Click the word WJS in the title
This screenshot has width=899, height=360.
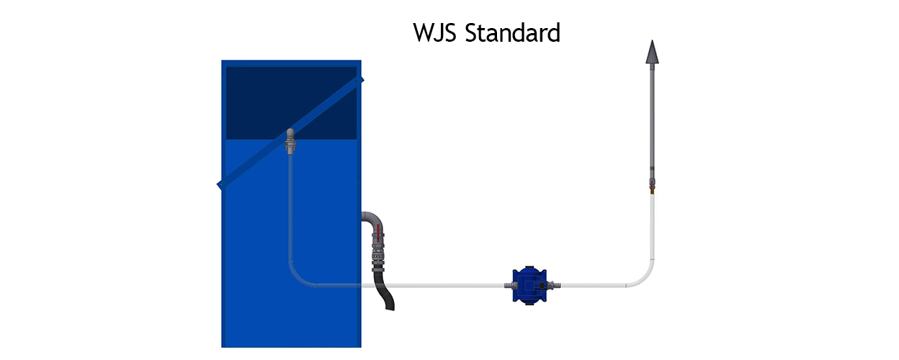[x=434, y=32]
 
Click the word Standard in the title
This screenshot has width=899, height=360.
[x=512, y=32]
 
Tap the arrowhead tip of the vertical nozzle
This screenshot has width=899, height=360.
[x=652, y=40]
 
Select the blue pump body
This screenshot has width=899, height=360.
[x=529, y=285]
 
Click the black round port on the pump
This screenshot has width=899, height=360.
[x=542, y=286]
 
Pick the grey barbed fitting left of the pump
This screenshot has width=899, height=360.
[x=509, y=285]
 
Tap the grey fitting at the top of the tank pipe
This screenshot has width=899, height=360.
[x=290, y=141]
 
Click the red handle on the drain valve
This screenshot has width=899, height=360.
[x=378, y=233]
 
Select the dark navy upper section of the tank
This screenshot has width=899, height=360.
[x=291, y=103]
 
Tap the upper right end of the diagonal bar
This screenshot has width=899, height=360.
[x=361, y=79]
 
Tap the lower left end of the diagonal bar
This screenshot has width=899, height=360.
[x=220, y=185]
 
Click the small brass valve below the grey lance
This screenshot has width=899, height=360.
[x=652, y=186]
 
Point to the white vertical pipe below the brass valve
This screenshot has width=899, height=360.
[x=652, y=228]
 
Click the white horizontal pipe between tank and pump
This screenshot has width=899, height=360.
[x=433, y=285]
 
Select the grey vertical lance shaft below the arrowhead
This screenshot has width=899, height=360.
[x=652, y=120]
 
